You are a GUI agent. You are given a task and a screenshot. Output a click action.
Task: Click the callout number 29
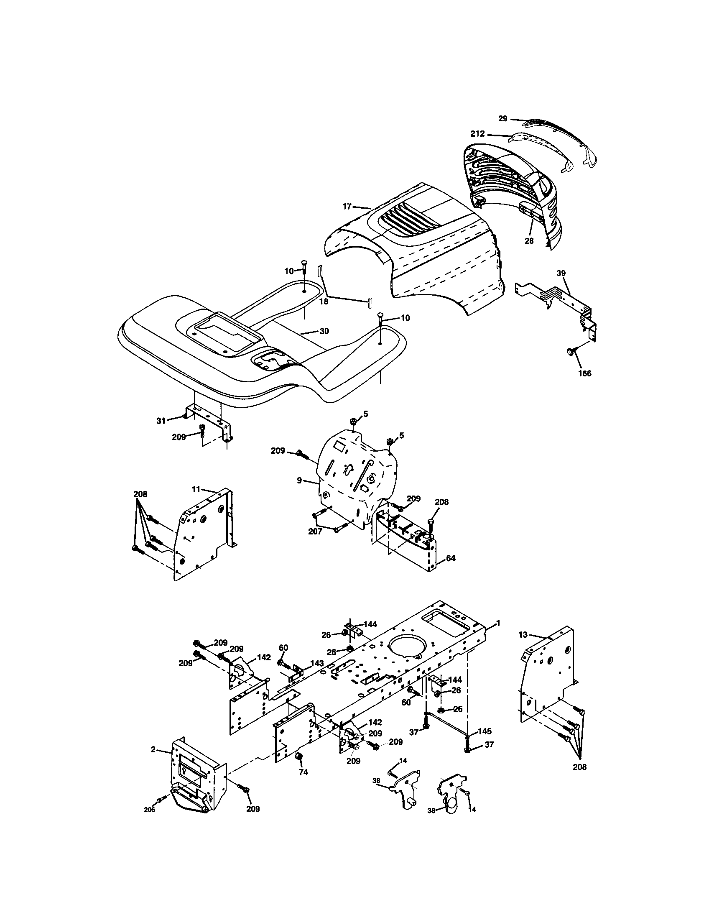click(x=503, y=119)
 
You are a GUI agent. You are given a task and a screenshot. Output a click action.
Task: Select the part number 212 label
click(x=477, y=134)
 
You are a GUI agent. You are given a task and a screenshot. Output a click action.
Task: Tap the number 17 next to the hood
click(x=347, y=207)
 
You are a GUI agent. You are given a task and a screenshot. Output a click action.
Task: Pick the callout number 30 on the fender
click(x=324, y=331)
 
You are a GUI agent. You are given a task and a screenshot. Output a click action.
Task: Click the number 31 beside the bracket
click(x=161, y=420)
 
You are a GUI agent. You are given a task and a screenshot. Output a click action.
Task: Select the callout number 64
click(x=451, y=558)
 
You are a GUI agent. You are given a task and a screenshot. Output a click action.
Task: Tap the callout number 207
click(x=315, y=532)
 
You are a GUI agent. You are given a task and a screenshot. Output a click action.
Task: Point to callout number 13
click(x=523, y=646)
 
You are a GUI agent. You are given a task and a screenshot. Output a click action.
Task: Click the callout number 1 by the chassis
click(x=498, y=634)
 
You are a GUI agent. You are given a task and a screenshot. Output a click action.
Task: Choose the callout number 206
click(x=150, y=821)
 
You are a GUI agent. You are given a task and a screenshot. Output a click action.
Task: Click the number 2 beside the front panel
click(x=153, y=749)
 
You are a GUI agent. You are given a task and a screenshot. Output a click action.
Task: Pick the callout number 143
click(x=317, y=663)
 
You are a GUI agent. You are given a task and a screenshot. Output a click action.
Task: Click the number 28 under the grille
click(x=529, y=241)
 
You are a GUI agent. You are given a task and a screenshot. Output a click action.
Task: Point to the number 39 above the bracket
click(x=561, y=273)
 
